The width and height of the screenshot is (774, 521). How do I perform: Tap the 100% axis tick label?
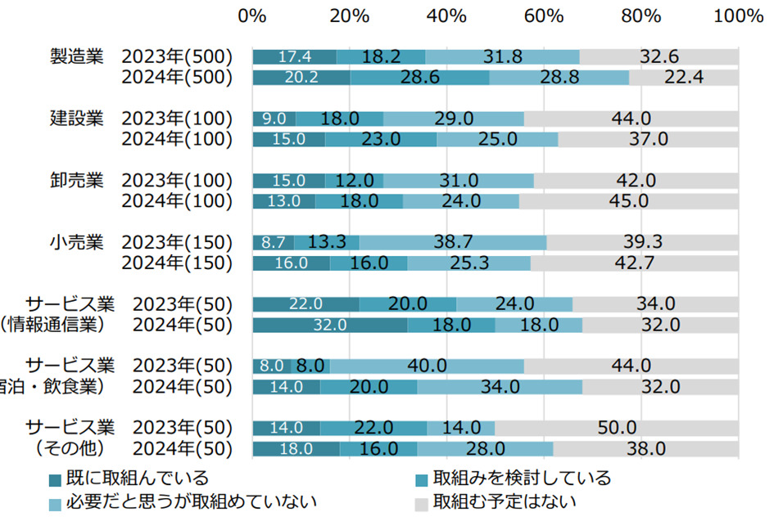click(738, 16)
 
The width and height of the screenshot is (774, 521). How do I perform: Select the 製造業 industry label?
click(76, 56)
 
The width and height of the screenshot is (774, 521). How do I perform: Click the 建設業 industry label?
click(76, 118)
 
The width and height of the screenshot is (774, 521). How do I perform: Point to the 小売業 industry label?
click(76, 242)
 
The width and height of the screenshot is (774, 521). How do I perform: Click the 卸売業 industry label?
click(76, 180)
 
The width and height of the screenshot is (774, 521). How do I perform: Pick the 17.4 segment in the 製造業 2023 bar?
click(294, 56)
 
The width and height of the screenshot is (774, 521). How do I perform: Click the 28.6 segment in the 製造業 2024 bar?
click(419, 78)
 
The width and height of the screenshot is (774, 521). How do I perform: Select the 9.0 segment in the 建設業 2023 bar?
click(274, 119)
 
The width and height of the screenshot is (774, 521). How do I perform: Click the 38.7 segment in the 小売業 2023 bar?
click(453, 242)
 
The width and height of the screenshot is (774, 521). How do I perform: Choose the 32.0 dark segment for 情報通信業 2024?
click(330, 325)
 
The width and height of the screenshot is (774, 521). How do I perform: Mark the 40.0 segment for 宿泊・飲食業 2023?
click(427, 366)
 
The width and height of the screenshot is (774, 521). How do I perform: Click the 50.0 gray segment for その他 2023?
click(616, 428)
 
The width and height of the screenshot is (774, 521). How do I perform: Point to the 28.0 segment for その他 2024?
click(485, 448)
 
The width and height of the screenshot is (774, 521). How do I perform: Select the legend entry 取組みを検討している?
click(522, 478)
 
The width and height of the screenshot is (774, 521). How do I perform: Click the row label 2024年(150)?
click(177, 263)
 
